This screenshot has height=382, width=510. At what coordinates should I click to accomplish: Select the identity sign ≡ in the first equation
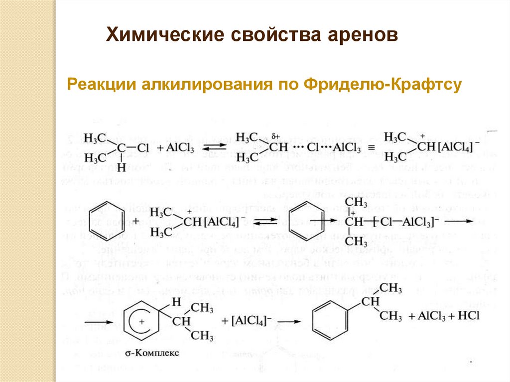tap(370, 148)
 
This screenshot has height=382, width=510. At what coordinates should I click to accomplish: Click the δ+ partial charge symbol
tap(276, 134)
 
